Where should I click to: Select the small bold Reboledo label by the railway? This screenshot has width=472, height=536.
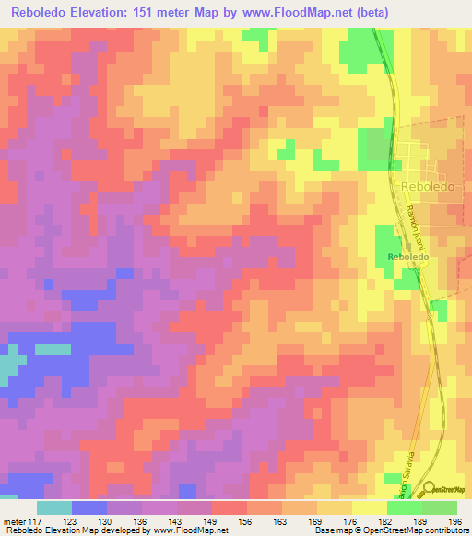(x=408, y=256)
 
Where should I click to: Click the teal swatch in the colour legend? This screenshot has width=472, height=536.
(x=54, y=507)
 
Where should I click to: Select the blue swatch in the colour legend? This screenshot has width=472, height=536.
(x=89, y=507)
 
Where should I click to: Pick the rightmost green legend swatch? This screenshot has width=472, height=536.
(x=439, y=507)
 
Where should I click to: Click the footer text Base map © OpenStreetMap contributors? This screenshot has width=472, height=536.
(x=390, y=530)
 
